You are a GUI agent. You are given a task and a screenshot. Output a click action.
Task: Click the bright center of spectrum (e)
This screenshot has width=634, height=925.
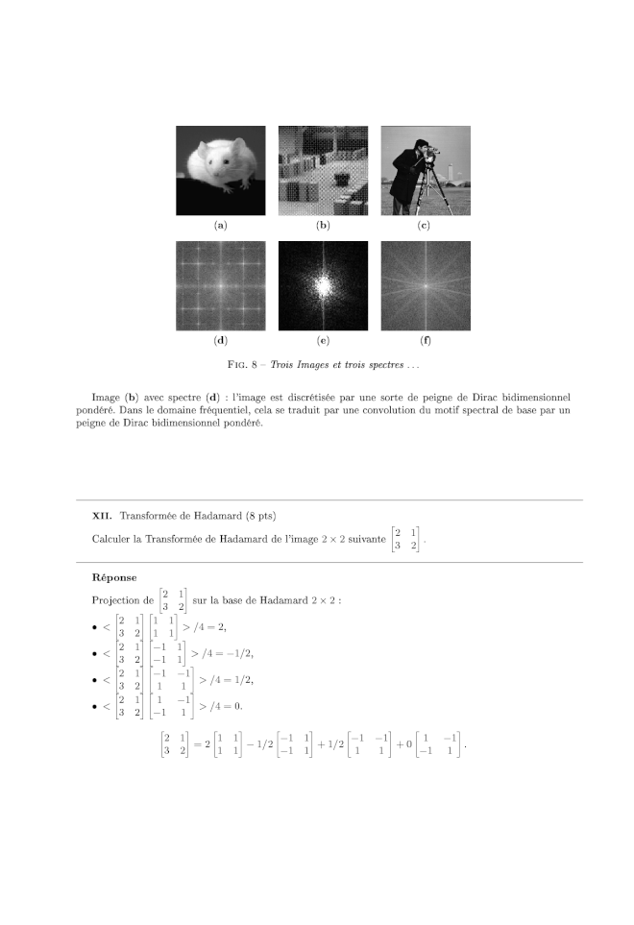point(323,284)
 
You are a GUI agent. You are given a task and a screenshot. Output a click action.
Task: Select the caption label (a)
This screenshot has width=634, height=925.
point(221,226)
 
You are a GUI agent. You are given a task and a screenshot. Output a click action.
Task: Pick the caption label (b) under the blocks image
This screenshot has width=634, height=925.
point(323,226)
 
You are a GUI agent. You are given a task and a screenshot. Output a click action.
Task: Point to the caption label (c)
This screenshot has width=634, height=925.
point(425,226)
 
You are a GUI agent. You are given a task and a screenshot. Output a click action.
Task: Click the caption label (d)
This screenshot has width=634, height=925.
point(221,340)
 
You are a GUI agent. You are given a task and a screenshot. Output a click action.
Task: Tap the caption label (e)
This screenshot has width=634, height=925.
point(323,340)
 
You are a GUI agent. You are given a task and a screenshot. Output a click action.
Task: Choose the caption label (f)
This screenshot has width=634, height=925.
point(425,340)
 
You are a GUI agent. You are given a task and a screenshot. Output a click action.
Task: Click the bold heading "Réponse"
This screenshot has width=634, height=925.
point(114,578)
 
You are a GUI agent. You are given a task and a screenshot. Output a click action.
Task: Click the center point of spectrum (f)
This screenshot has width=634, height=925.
point(425,284)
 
